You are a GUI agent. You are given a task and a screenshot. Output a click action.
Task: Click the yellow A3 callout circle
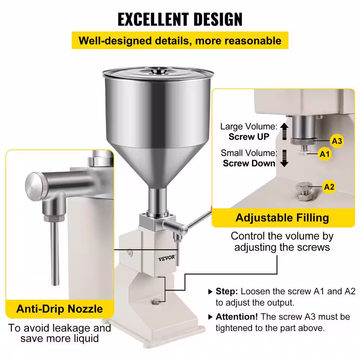[x=337, y=141]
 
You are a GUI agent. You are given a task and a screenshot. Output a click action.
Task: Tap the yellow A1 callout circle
[x=325, y=154]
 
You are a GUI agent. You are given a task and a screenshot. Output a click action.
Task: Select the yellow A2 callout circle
[x=329, y=186]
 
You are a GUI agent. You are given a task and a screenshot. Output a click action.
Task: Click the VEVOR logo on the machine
[x=167, y=258]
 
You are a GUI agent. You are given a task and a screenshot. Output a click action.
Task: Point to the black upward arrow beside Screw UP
[x=284, y=131]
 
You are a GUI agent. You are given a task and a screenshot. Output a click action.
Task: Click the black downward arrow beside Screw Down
[x=284, y=158]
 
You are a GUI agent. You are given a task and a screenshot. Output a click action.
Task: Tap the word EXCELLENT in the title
[x=153, y=19]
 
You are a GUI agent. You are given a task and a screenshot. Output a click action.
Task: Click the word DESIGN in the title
[x=218, y=19]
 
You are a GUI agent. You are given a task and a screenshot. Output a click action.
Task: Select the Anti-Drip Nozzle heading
[x=59, y=309]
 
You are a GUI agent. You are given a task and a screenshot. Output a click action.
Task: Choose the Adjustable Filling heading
[x=282, y=218]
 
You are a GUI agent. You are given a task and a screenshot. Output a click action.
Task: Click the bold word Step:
[x=227, y=291]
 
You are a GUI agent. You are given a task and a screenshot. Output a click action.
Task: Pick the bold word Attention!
[x=237, y=316]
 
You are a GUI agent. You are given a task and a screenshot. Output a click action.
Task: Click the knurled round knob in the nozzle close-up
[x=37, y=186]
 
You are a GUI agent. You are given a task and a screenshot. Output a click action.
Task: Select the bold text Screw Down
[x=249, y=163]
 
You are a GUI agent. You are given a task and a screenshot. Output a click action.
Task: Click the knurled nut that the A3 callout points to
[x=303, y=141]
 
